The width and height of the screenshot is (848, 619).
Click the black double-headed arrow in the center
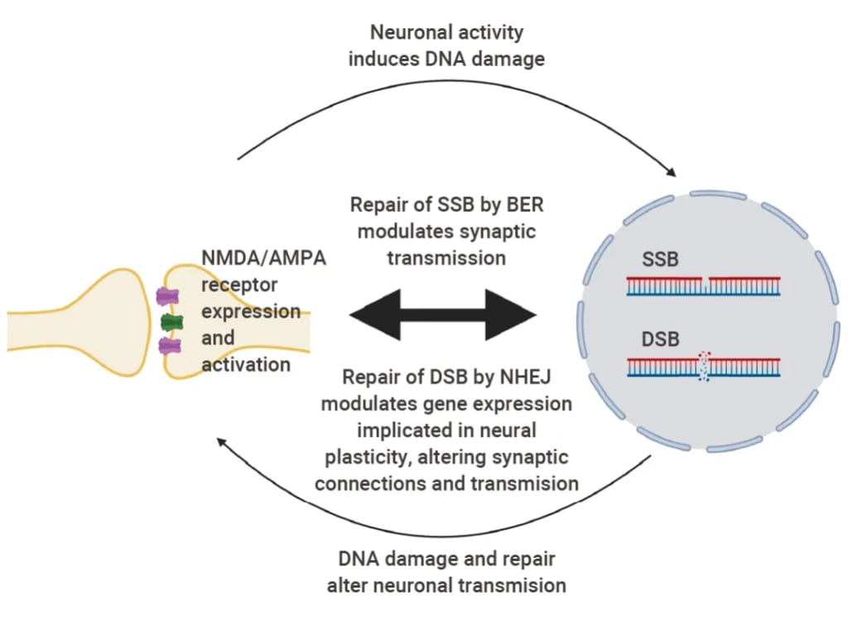point(443,315)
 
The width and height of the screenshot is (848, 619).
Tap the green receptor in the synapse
point(171,321)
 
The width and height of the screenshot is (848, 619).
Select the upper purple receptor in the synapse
point(168,296)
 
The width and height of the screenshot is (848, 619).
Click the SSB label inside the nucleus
point(660,260)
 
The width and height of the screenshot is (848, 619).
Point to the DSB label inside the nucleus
point(660,339)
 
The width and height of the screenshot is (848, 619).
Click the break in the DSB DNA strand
point(703,366)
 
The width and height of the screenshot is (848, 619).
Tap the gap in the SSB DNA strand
point(704,283)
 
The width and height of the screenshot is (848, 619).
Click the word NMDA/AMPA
point(264,258)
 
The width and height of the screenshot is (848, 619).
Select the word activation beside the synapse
point(246,364)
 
